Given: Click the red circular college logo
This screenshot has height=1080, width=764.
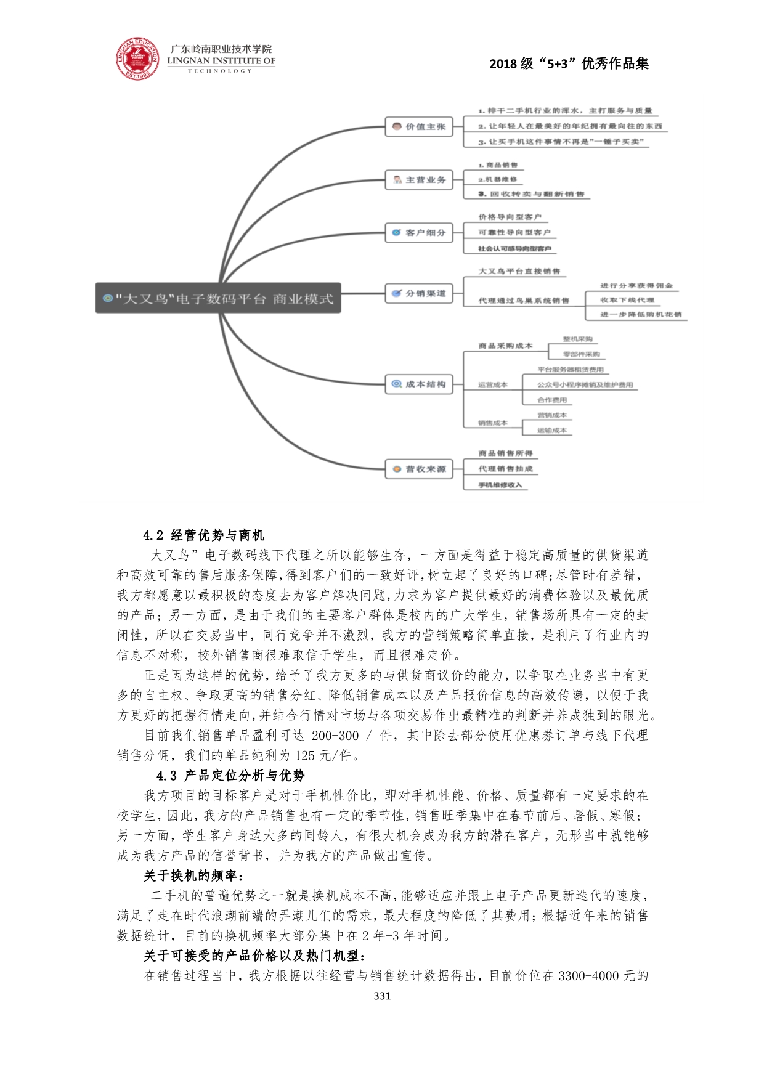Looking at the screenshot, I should point(137,59).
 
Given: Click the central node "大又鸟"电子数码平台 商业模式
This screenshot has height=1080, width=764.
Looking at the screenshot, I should point(218,299).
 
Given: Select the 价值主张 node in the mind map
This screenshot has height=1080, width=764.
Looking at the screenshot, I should point(419,127).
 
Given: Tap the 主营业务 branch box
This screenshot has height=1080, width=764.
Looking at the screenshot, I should point(419,180).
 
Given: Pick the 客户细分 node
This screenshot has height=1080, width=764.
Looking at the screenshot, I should point(419,233).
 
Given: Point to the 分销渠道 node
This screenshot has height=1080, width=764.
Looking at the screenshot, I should point(419,293).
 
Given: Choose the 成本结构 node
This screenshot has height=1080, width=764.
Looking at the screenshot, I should point(419,384).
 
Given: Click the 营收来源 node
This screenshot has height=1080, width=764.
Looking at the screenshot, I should point(419,469).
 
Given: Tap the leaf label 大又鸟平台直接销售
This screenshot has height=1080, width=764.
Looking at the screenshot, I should point(519,271).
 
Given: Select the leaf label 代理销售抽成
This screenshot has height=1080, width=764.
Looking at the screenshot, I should point(505,469).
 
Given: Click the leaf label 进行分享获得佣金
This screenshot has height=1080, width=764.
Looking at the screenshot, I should point(636,286).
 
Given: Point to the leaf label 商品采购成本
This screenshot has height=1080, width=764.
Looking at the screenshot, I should point(505,346).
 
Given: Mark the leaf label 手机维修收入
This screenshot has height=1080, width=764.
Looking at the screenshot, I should point(500,485).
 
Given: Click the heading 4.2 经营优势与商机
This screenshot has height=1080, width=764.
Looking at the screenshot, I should point(203,535).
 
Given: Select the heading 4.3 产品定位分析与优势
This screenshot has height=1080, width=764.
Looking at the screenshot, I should point(230,776).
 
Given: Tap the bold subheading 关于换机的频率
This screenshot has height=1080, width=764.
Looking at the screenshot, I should point(193,875).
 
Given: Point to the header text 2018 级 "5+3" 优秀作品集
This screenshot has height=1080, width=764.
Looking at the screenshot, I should point(569,64).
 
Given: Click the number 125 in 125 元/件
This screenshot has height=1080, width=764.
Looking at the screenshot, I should point(305,755).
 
